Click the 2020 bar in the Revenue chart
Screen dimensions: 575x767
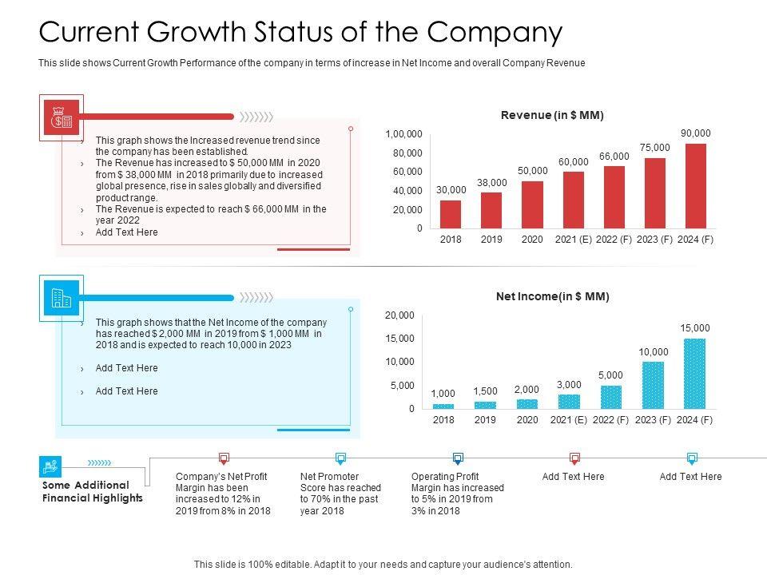point(532,205)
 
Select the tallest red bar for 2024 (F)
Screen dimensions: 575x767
point(695,186)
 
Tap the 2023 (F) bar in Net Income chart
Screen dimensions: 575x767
point(654,386)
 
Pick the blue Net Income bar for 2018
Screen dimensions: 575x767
point(443,406)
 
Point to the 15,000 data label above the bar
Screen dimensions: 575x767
point(695,328)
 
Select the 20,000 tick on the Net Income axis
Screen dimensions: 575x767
point(400,315)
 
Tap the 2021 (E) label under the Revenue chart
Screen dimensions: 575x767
point(571,240)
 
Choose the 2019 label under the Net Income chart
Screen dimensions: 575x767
point(484,420)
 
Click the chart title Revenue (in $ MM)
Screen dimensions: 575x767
point(552,116)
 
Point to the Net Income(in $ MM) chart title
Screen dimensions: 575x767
point(552,297)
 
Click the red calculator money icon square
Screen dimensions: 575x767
point(62,118)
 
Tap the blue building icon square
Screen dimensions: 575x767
point(62,299)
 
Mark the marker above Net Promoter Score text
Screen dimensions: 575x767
point(341,458)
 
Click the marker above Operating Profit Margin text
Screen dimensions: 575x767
point(458,458)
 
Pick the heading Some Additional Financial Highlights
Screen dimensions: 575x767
point(92,491)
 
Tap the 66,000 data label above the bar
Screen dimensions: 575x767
point(614,157)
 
